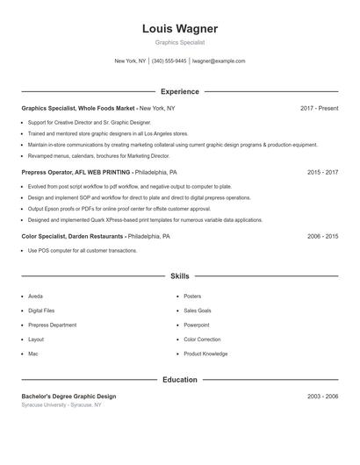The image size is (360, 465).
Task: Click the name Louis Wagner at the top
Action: click(x=180, y=29)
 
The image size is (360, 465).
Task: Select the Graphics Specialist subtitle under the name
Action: click(x=180, y=42)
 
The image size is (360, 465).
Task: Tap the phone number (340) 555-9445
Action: click(x=169, y=61)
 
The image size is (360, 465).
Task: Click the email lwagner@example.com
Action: click(x=219, y=61)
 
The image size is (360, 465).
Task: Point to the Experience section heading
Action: click(x=180, y=91)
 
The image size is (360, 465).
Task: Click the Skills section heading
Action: click(x=180, y=276)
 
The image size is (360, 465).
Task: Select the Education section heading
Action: click(x=180, y=380)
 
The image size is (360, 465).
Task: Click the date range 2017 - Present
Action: click(x=319, y=108)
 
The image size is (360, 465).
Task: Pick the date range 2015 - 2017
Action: click(x=322, y=173)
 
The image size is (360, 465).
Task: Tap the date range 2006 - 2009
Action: click(x=322, y=237)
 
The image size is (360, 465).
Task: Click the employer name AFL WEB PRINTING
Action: click(x=103, y=173)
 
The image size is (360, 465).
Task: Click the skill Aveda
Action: click(x=35, y=297)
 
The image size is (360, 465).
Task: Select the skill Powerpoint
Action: click(x=198, y=325)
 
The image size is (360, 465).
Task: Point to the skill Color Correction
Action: click(x=202, y=340)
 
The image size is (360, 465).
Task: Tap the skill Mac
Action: click(x=33, y=354)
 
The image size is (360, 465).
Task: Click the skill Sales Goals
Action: click(x=198, y=311)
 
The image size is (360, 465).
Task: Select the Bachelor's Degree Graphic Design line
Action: click(x=68, y=397)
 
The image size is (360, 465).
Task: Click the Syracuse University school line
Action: click(x=61, y=405)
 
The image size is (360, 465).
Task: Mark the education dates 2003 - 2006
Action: click(x=322, y=397)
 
